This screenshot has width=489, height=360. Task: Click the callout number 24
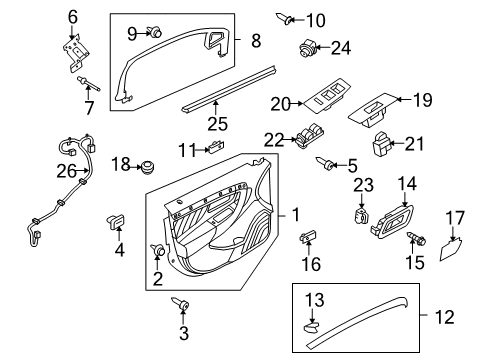tap(341, 46)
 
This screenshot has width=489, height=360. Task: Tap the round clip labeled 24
tap(306, 47)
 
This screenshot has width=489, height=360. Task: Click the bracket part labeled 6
tap(73, 53)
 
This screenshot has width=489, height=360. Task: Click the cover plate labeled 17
tap(451, 244)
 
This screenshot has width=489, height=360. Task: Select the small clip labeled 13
tap(310, 324)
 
